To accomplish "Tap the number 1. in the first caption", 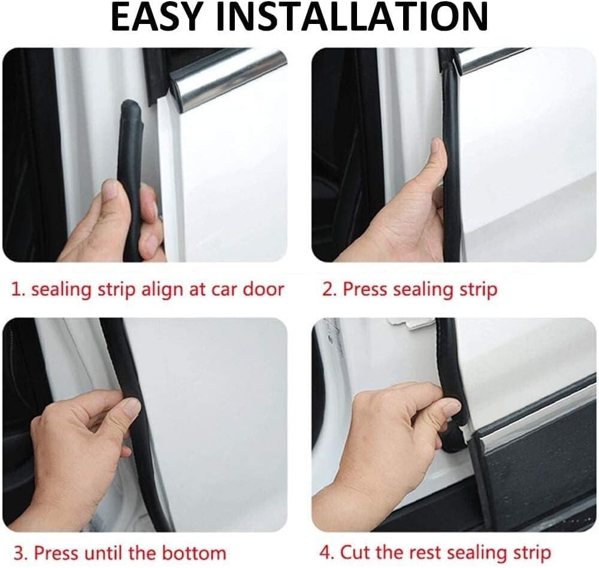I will point(19,289).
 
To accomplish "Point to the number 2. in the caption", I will point(329,289).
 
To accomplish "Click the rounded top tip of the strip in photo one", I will point(131,108).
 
